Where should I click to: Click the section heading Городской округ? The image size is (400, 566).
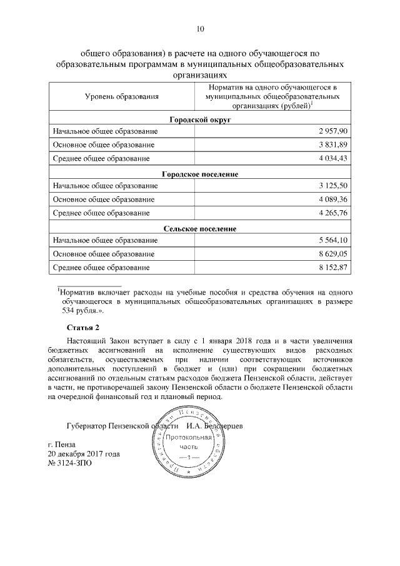[x=200, y=119]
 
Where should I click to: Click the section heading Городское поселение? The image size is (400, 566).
[x=200, y=173]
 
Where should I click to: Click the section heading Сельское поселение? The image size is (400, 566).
[x=200, y=228]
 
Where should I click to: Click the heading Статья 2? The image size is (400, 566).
[x=82, y=328]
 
